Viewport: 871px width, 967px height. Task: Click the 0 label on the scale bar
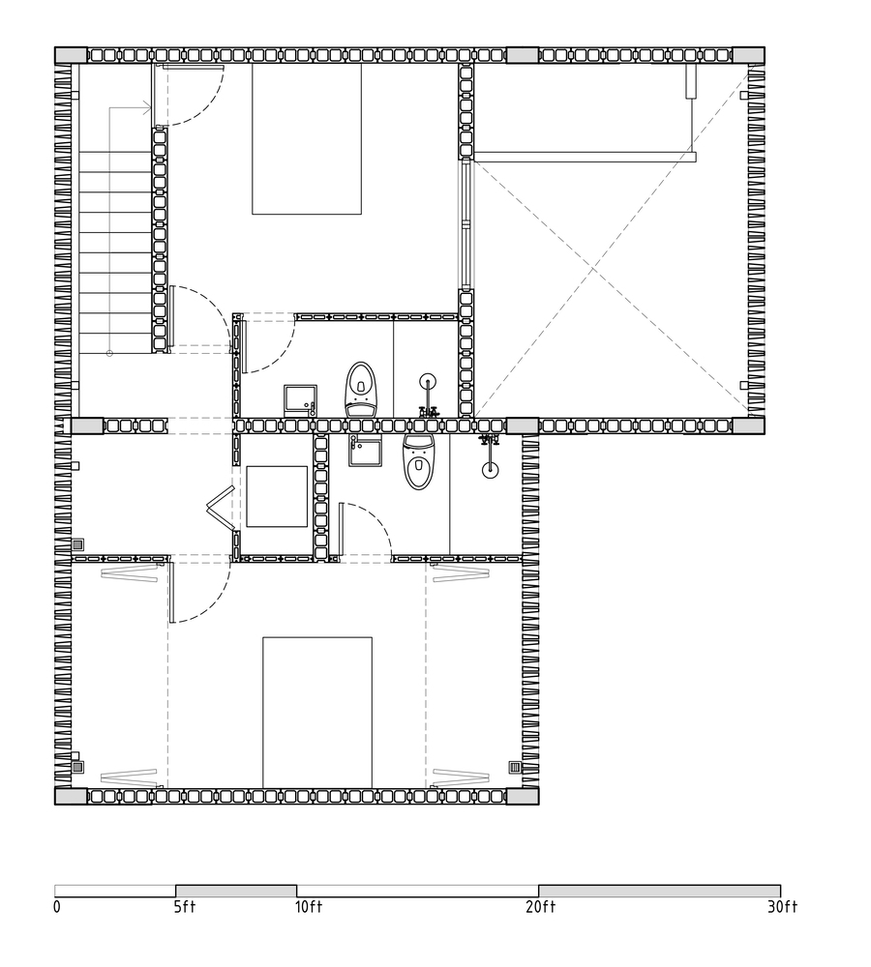[57, 907]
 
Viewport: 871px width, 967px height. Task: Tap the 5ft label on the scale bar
[185, 907]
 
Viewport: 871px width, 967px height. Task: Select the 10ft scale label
[309, 907]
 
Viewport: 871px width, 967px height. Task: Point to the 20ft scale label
[541, 907]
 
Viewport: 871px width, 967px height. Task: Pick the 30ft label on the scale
[783, 907]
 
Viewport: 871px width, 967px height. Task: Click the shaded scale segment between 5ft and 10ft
[236, 891]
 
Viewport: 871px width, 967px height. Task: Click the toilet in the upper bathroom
[361, 389]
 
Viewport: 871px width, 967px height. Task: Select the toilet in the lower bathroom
[419, 461]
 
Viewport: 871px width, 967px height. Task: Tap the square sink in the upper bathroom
[301, 400]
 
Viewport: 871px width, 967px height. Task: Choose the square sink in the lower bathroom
[365, 450]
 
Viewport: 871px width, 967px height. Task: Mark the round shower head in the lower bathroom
[490, 469]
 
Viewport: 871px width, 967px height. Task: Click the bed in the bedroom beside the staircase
[307, 138]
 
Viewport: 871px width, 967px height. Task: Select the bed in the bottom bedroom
[317, 713]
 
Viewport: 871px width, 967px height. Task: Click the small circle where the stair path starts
[110, 353]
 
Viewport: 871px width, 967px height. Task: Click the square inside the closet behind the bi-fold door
[277, 496]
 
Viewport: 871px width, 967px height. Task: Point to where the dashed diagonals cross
[594, 270]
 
